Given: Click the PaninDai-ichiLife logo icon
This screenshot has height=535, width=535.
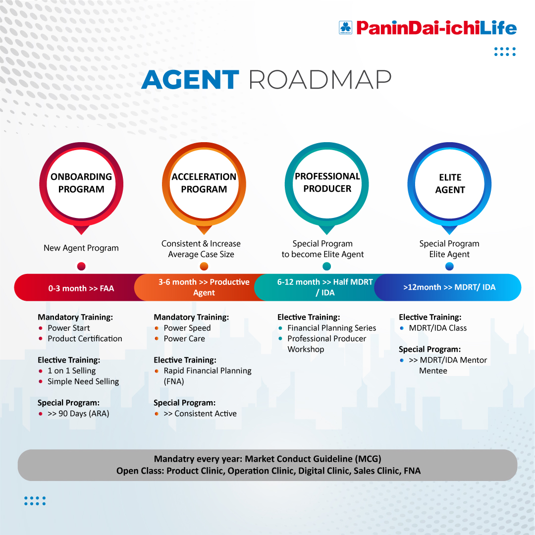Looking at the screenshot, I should [x=345, y=27].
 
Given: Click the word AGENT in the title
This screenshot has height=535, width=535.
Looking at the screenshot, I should [x=190, y=80].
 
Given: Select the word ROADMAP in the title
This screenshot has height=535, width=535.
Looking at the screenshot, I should [x=320, y=80].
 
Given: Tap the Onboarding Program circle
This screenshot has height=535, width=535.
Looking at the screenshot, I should [x=81, y=183].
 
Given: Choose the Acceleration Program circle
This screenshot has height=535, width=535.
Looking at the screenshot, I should [x=204, y=183].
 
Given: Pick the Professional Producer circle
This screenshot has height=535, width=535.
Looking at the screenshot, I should [x=327, y=183].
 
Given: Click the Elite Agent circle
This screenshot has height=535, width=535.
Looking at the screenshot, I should [x=449, y=184].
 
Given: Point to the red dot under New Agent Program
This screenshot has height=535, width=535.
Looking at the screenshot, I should [x=82, y=267].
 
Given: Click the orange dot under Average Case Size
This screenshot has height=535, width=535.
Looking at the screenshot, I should [x=204, y=267].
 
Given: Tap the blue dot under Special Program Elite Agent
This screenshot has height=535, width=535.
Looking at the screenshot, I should [x=449, y=267].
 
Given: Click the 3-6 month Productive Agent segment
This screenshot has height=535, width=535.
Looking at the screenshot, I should [x=204, y=287].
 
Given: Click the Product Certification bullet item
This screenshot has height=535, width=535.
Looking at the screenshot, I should [x=85, y=339].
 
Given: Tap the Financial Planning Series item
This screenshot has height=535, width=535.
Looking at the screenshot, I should [x=331, y=328].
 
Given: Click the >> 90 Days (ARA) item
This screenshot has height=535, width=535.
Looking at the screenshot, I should [x=78, y=414].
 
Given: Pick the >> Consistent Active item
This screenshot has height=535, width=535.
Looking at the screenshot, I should [x=200, y=414].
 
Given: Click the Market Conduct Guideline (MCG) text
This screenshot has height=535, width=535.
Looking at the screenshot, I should [x=313, y=459].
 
